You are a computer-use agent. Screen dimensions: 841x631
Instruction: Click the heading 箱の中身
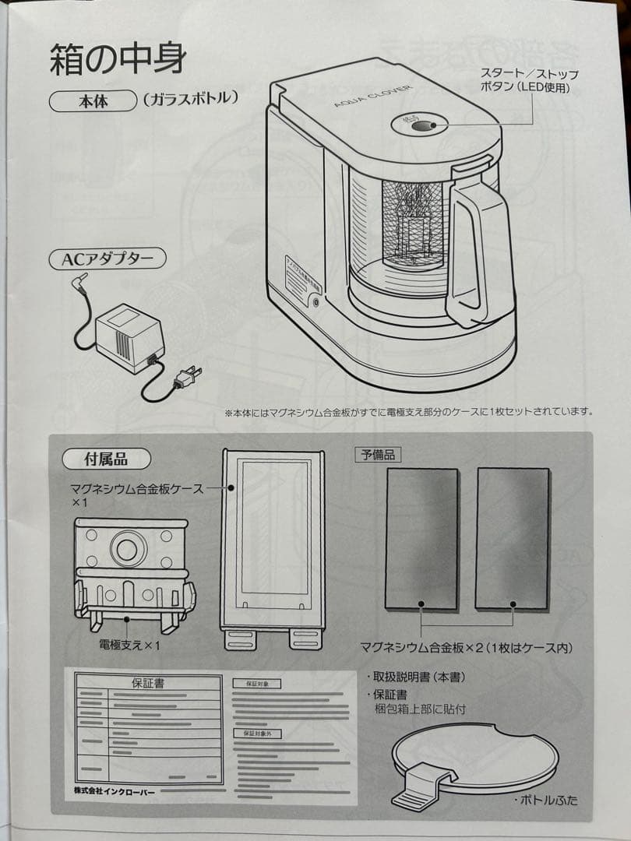(x=118, y=58)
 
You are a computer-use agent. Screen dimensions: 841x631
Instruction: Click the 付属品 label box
(x=106, y=459)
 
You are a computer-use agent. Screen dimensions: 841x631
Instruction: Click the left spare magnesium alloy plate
(x=421, y=538)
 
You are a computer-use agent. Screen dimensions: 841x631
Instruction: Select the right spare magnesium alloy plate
(x=513, y=538)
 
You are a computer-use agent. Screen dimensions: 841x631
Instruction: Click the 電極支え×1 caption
(x=129, y=644)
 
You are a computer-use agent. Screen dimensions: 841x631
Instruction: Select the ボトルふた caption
(x=546, y=800)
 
